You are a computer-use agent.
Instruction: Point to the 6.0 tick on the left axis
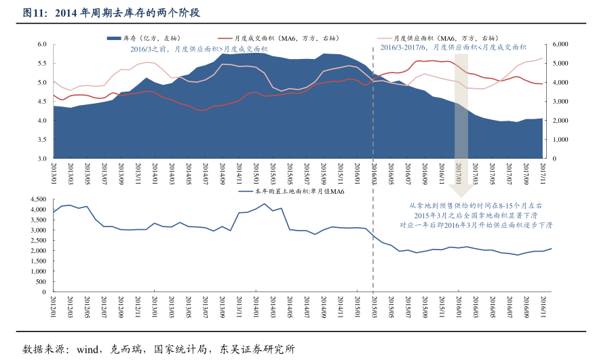41,44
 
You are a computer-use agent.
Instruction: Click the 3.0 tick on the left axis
41,159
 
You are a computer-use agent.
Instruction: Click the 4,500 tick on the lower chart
37,199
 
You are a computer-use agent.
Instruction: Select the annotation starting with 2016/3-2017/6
453,47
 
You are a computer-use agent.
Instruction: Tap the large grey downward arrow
461,129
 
